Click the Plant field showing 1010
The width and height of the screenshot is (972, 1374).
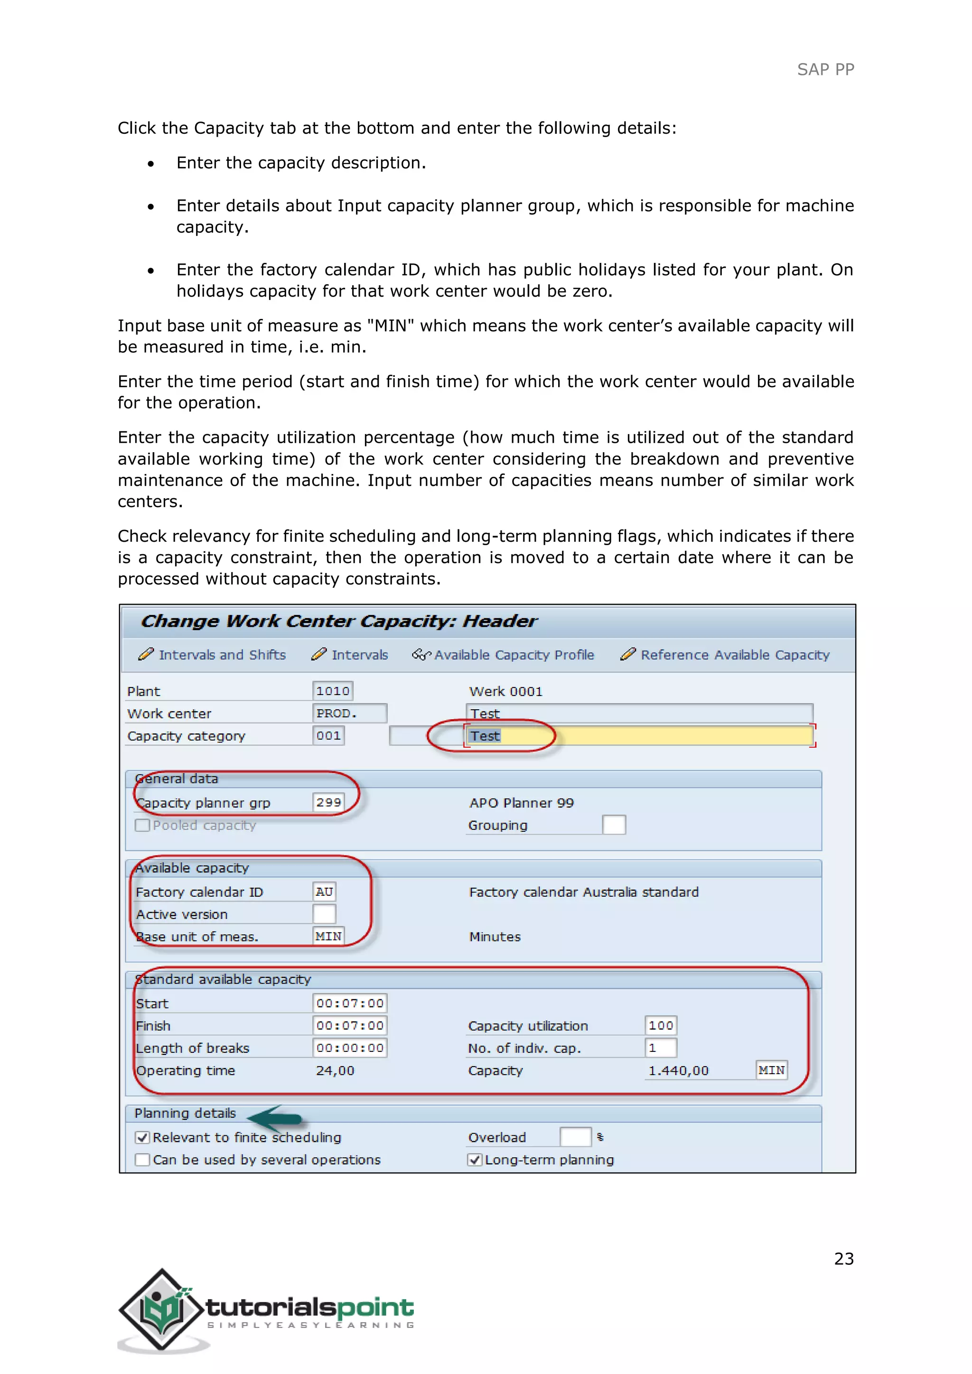pos(333,691)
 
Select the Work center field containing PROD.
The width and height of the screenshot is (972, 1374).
pos(349,713)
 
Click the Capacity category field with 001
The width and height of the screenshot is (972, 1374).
pos(328,735)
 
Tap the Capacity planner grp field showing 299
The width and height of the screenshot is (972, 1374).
pos(328,802)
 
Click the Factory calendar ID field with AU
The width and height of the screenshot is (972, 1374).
pos(324,891)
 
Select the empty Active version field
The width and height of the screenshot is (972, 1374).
pos(324,914)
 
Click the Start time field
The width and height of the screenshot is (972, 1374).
pos(349,1003)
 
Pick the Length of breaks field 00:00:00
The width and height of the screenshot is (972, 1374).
pos(349,1048)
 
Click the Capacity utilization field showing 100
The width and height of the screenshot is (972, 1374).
pos(660,1026)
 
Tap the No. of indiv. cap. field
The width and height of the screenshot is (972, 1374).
pos(660,1048)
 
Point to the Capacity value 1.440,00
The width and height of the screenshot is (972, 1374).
pos(678,1071)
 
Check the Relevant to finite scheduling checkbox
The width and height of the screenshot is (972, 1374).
pos(142,1138)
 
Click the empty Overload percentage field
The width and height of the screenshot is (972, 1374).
pos(575,1137)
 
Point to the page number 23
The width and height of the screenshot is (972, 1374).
pos(843,1259)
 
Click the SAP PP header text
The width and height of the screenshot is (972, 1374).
pos(825,69)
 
